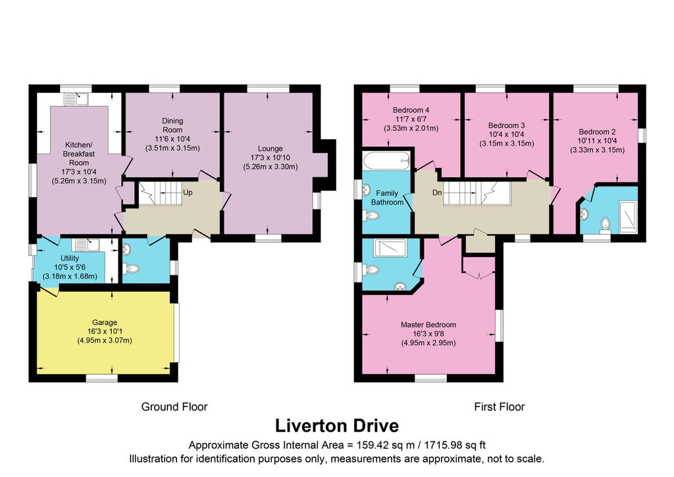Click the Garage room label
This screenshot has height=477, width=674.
coord(105,322)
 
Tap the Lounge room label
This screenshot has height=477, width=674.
coord(270,148)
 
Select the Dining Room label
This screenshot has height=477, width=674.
coord(172,125)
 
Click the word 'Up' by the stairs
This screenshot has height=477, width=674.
coord(188,192)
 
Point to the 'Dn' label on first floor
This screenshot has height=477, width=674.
coord(437,192)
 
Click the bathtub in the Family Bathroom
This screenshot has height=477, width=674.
coord(386,161)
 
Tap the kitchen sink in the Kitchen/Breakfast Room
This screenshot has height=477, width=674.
coord(76,99)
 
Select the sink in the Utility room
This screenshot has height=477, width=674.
coord(88,245)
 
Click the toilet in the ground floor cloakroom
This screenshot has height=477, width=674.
coord(132,269)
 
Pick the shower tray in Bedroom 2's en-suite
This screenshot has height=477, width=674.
coord(629,217)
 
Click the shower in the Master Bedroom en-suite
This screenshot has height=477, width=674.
coord(390,248)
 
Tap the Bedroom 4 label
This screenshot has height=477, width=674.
coord(411,110)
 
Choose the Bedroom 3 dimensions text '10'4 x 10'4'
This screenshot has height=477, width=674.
coord(506,134)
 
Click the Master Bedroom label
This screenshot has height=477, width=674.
coord(428,325)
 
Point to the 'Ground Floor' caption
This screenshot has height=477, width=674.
coord(174,407)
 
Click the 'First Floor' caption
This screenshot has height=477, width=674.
coord(499,407)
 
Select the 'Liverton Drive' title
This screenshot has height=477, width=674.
coord(336,426)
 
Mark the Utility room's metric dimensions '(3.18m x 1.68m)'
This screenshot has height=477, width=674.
coord(70,276)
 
